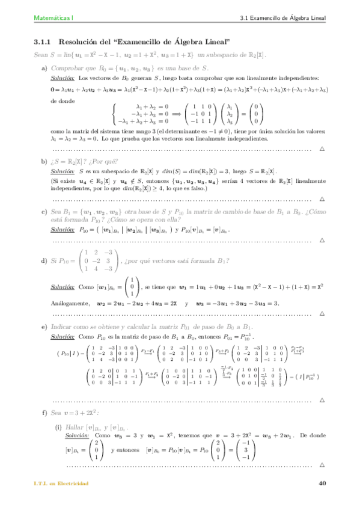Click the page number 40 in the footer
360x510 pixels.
(x=323, y=484)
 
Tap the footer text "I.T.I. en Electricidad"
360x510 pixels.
(x=61, y=484)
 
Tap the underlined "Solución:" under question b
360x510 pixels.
(x=62, y=171)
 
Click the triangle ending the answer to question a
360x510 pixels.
(x=322, y=148)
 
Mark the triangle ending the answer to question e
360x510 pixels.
(x=322, y=400)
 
